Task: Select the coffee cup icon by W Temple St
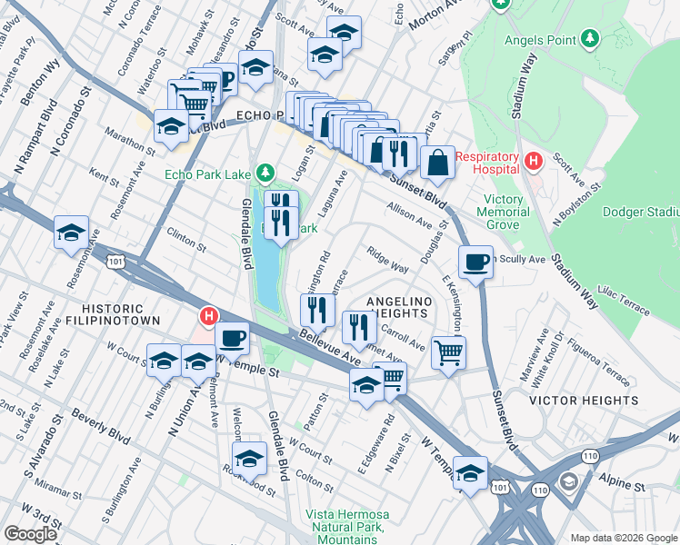233,339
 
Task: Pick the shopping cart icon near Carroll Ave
448,352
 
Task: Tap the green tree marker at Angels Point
591,38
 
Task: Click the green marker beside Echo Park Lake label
265,172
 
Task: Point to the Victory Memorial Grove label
504,212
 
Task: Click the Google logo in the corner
30,534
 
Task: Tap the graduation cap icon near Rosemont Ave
72,233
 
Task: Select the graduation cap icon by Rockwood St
250,458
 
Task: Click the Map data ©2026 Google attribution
623,538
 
